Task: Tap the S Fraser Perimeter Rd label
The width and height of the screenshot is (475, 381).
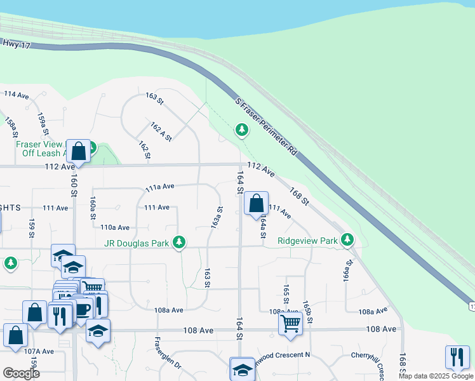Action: click(x=266, y=128)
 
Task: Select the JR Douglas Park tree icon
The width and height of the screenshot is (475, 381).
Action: click(x=180, y=241)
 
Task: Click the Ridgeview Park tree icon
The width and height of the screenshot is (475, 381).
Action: click(x=347, y=240)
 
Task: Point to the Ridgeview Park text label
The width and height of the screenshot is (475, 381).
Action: click(x=307, y=241)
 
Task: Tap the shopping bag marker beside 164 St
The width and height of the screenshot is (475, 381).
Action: click(x=256, y=204)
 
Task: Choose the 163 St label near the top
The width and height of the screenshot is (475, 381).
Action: click(x=154, y=98)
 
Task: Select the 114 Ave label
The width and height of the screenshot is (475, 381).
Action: click(x=17, y=95)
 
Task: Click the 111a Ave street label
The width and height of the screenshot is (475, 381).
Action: click(x=159, y=187)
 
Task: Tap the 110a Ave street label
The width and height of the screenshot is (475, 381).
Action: click(x=115, y=227)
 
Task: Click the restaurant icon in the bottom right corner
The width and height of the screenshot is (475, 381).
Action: click(x=457, y=356)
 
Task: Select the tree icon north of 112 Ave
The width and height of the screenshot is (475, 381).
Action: click(x=241, y=130)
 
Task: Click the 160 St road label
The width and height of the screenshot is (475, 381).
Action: click(x=74, y=184)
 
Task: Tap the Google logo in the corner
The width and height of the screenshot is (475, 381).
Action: click(x=21, y=373)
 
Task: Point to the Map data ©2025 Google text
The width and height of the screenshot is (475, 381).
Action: click(x=435, y=376)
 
